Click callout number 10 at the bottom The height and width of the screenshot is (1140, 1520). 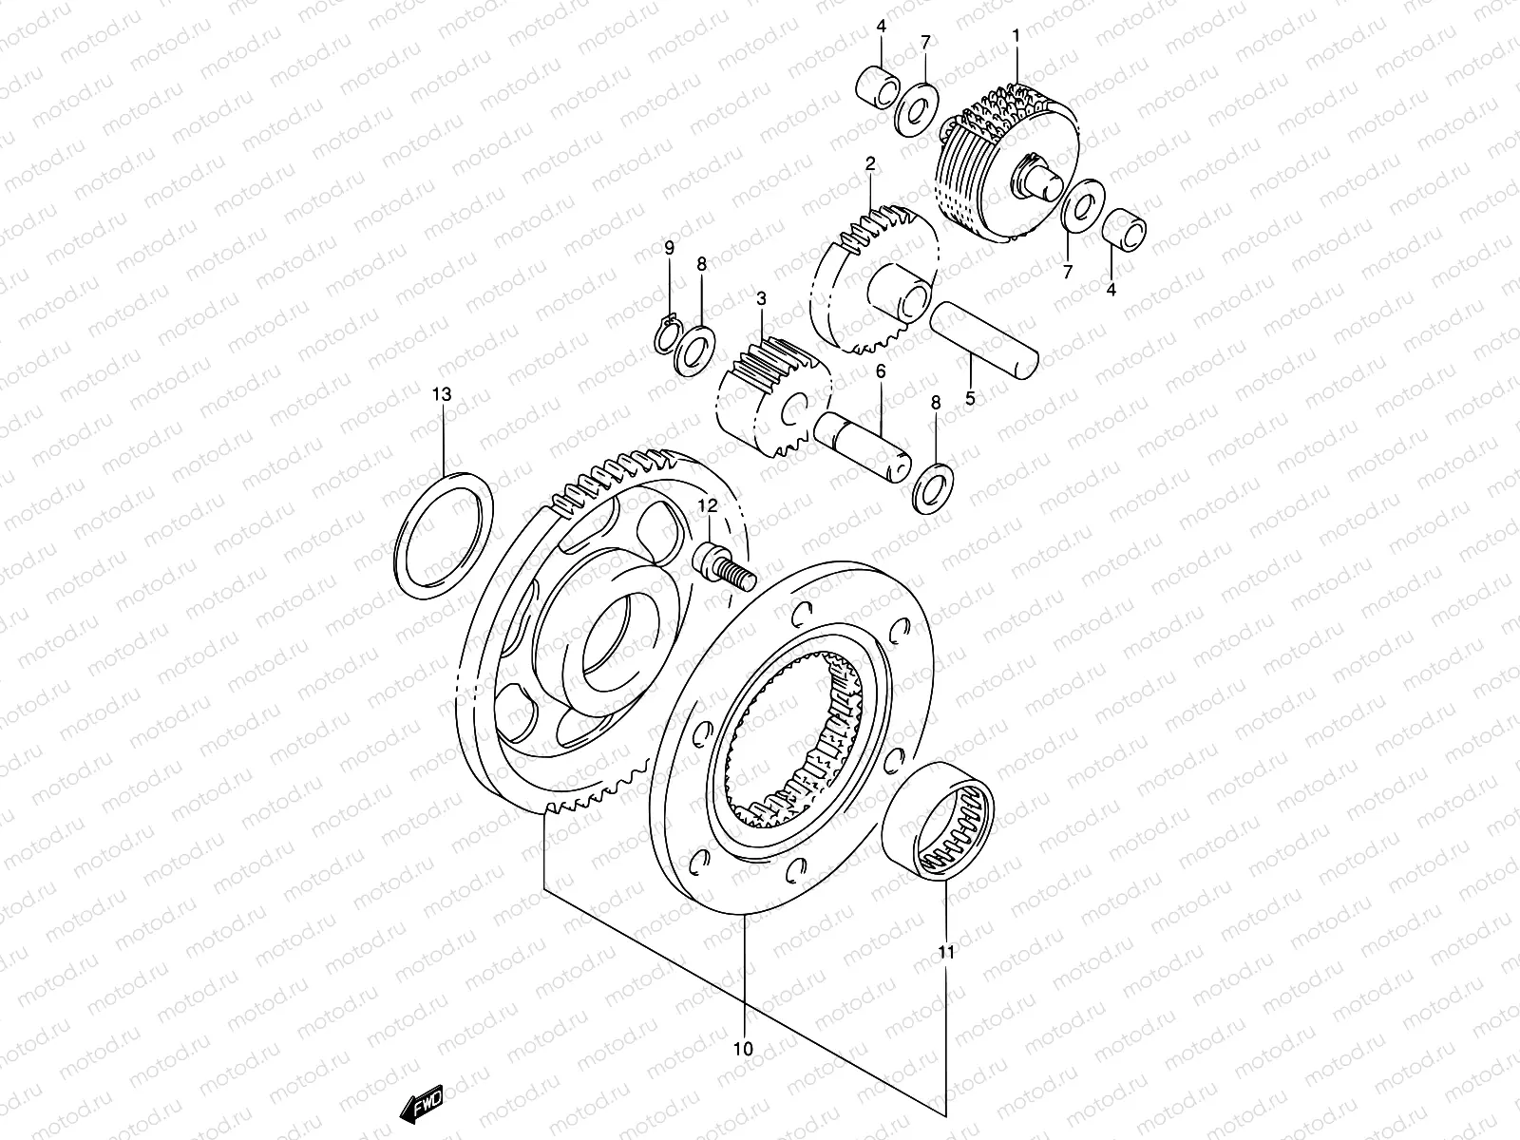tap(743, 1049)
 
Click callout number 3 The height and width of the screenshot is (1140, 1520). tap(761, 298)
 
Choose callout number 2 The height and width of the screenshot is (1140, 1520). tap(869, 164)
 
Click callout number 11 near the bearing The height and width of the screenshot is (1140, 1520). tap(946, 951)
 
